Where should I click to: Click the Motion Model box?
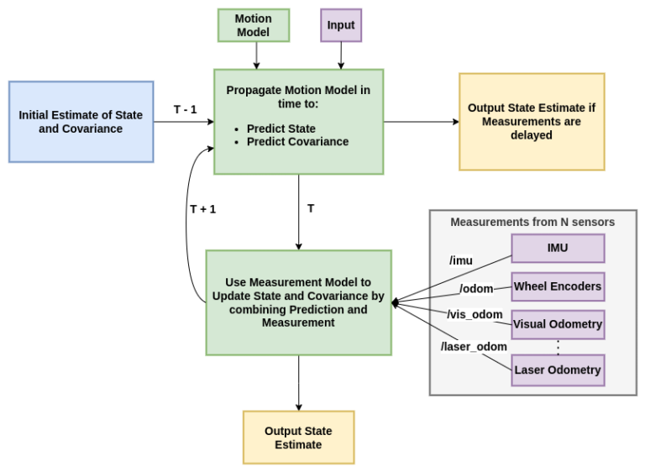tap(253, 25)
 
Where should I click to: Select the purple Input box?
tap(340, 25)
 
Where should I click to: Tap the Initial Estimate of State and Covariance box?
tap(81, 122)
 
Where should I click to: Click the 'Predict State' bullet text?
tap(281, 128)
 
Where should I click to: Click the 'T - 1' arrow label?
tap(186, 110)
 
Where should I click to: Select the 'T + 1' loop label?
tap(202, 209)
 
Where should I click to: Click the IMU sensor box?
tap(558, 249)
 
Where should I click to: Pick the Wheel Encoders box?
tap(558, 286)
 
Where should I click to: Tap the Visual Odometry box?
tap(558, 324)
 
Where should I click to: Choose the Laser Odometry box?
tap(558, 370)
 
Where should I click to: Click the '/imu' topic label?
tap(461, 260)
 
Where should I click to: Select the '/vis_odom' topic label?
tap(475, 315)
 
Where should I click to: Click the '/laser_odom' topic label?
tap(474, 345)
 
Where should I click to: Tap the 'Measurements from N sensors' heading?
tap(532, 223)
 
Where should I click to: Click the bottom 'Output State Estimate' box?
tap(298, 438)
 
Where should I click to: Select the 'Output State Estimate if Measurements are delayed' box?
tap(531, 122)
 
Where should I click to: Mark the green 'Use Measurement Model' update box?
tap(298, 302)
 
